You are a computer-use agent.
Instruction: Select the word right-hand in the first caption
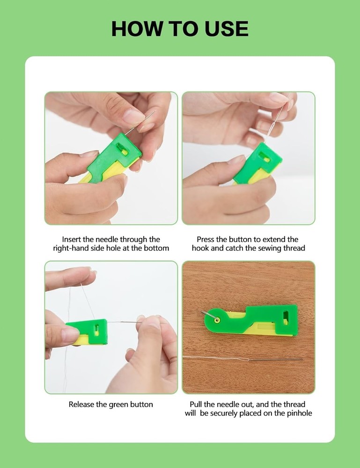[73, 248]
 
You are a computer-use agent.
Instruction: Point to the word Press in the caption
[206, 239]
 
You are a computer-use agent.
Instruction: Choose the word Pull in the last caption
[197, 404]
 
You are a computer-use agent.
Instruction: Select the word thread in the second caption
[294, 248]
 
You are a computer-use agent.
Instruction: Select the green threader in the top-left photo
[115, 154]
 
